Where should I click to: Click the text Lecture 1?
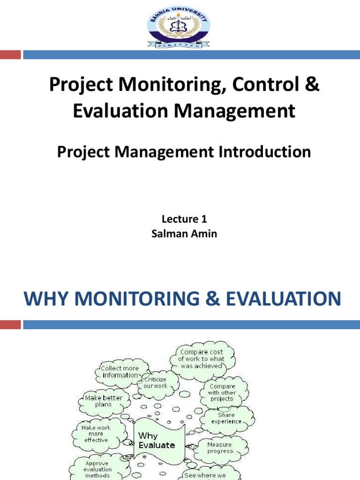pyautogui.click(x=184, y=219)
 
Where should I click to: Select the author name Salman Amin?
pyautogui.click(x=184, y=233)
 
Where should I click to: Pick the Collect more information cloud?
pyautogui.click(x=120, y=371)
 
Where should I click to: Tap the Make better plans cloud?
pyautogui.click(x=103, y=401)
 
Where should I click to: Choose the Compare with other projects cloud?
pyautogui.click(x=222, y=393)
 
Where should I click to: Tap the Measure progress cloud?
pyautogui.click(x=220, y=448)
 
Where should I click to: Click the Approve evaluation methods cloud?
pyautogui.click(x=97, y=469)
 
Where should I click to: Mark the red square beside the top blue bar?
pyautogui.click(x=10, y=55)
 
